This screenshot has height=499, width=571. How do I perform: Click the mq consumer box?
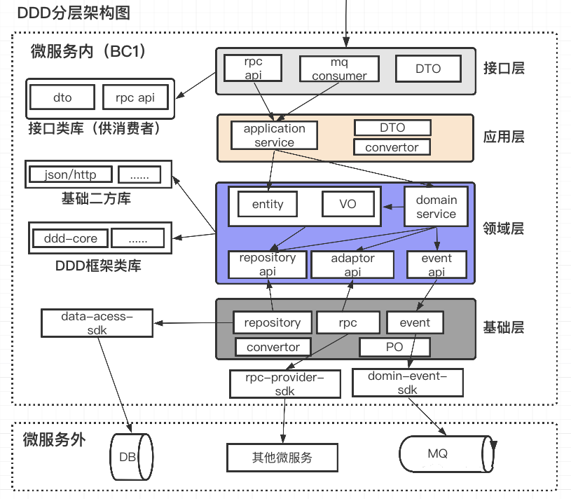coord(339,69)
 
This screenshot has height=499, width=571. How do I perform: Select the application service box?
coord(274,135)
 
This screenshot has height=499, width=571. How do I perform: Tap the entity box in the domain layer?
coord(268,204)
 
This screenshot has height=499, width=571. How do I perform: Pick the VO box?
coord(348,204)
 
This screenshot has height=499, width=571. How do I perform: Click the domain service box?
coord(436,207)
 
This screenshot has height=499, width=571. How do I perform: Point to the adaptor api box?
coord(352,265)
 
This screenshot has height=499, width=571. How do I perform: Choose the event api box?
coord(436,265)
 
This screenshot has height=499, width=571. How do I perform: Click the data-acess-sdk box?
coord(97,323)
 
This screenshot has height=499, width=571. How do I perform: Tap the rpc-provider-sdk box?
coord(284,384)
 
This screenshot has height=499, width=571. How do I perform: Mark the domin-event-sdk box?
coord(407,383)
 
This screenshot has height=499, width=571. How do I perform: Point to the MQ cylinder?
coord(447,453)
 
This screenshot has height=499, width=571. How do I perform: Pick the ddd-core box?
coord(70,238)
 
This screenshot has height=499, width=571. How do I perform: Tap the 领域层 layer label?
coord(504,228)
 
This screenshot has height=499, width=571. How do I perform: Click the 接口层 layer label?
coord(504,68)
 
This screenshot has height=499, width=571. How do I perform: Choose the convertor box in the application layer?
coord(392,147)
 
